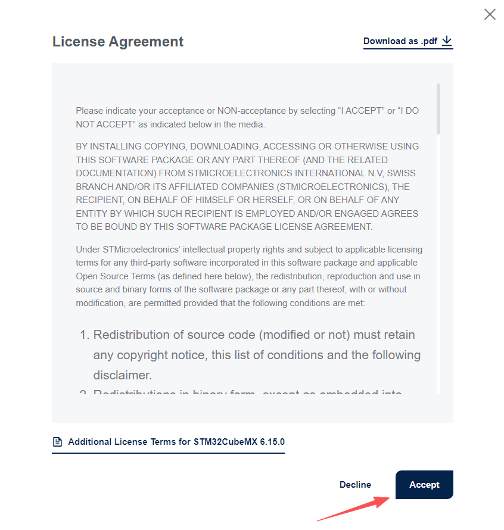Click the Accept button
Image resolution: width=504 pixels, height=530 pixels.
coord(424,485)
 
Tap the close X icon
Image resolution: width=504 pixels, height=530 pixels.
coord(490,14)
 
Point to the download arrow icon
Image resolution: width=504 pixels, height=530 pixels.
coord(447,41)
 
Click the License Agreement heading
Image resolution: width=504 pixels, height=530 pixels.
coord(118,42)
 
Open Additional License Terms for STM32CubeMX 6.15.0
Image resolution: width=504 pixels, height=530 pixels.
coord(176,442)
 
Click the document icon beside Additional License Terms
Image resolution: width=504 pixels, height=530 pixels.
coord(58,442)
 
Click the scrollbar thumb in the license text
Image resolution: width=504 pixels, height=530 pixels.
coord(439,108)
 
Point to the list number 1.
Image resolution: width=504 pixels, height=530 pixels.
coord(83,335)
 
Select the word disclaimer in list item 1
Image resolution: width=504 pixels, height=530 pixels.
coord(121,375)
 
